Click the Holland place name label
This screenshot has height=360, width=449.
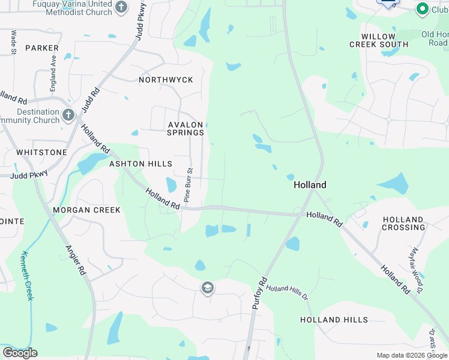pyautogui.click(x=310, y=185)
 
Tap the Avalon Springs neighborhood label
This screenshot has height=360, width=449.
pyautogui.click(x=185, y=128)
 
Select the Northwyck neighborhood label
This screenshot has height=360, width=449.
pyautogui.click(x=166, y=80)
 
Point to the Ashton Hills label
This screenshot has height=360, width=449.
pyautogui.click(x=140, y=164)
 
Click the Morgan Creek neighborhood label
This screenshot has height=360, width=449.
pyautogui.click(x=86, y=210)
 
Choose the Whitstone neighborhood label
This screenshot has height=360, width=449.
pyautogui.click(x=41, y=152)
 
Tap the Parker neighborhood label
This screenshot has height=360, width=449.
pyautogui.click(x=42, y=48)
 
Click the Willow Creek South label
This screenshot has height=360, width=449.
pyautogui.click(x=379, y=41)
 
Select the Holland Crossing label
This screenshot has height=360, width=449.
pyautogui.click(x=403, y=223)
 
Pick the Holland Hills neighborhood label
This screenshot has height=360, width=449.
pyautogui.click(x=334, y=320)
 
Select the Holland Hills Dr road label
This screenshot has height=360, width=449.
pyautogui.click(x=287, y=293)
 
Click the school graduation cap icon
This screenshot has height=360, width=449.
pyautogui.click(x=208, y=289)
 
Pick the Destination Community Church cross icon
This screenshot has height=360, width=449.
pyautogui.click(x=68, y=114)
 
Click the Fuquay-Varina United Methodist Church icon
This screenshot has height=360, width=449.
pyautogui.click(x=121, y=7)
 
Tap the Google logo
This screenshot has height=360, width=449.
pyautogui.click(x=20, y=352)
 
